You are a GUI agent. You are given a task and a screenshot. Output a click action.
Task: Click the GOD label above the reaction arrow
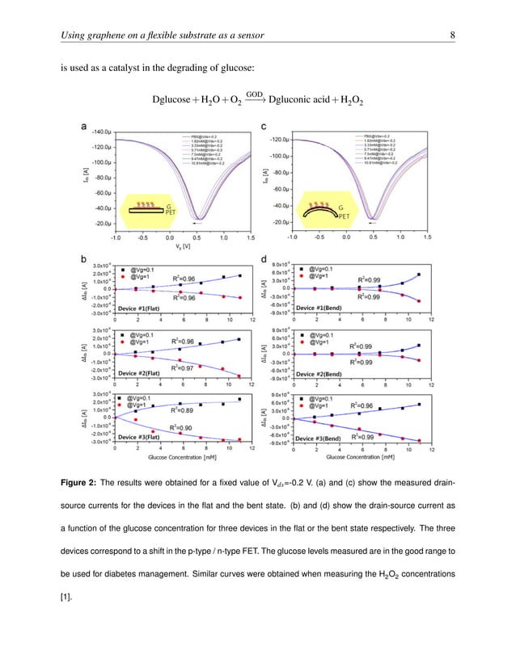click(253, 93)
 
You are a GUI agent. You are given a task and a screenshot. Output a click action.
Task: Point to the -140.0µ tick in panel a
click(99, 131)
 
